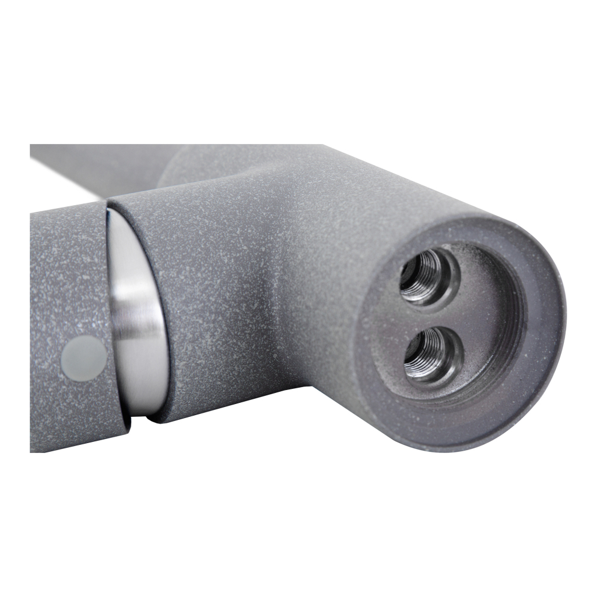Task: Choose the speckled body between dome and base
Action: pyautogui.click(x=245, y=303)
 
